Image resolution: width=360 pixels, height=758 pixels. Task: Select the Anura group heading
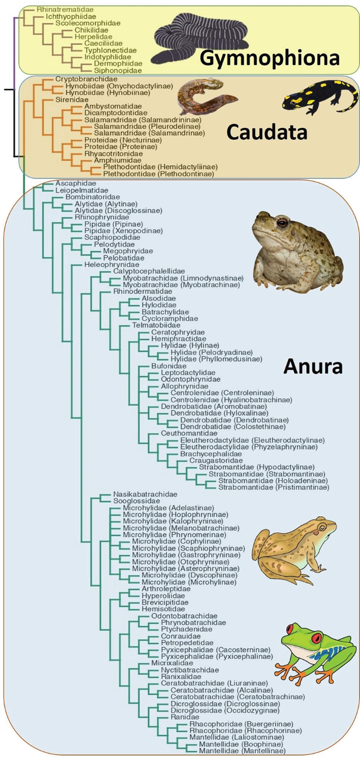click(313, 366)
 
